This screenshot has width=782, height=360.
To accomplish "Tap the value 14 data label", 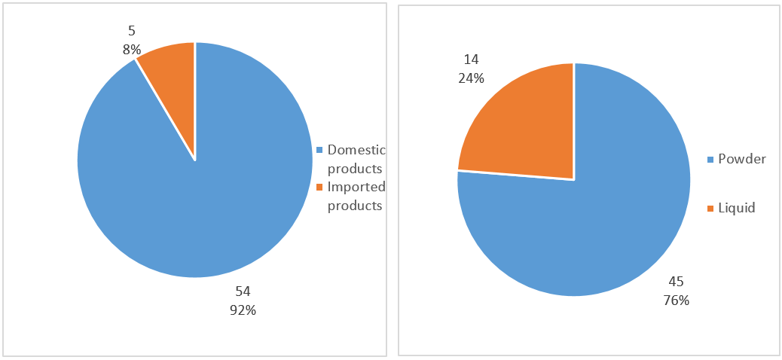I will click(x=471, y=59).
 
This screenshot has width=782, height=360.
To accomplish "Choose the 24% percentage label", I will click(x=471, y=78).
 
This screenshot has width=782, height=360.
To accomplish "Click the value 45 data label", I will click(x=677, y=282).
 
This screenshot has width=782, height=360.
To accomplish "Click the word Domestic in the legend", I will click(x=356, y=150).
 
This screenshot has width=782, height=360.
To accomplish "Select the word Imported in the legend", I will click(x=356, y=187).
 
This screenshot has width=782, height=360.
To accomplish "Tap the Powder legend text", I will click(x=742, y=159).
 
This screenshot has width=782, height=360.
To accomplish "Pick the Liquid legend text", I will click(x=736, y=208).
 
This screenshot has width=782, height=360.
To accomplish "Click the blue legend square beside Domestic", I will click(x=320, y=150).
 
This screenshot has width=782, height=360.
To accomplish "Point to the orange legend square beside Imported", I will click(x=320, y=188).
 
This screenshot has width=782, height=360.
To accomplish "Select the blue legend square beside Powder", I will click(x=710, y=160).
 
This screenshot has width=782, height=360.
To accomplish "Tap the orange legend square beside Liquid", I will click(x=710, y=209).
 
